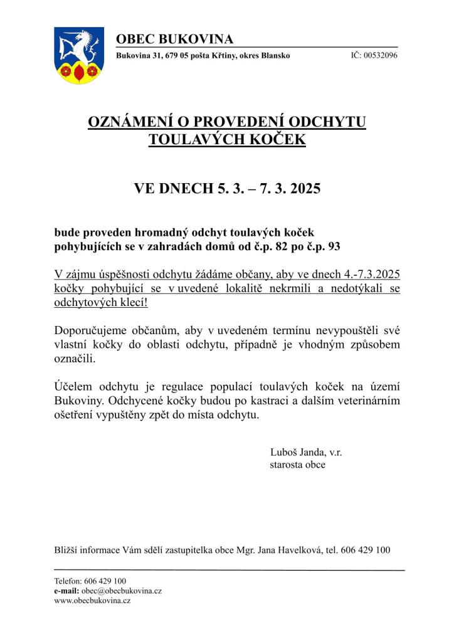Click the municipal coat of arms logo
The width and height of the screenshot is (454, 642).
[x=78, y=55]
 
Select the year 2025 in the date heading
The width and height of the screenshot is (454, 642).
[x=300, y=188]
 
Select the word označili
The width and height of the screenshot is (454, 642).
[x=75, y=358]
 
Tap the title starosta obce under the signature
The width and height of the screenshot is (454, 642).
[x=297, y=465]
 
